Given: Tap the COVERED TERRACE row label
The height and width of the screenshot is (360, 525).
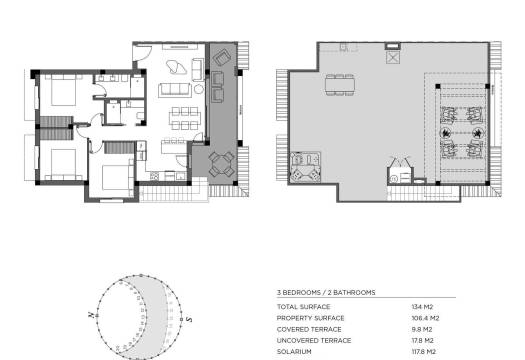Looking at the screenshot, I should [x=309, y=329].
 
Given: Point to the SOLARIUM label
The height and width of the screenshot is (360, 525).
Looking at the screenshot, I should [x=295, y=352].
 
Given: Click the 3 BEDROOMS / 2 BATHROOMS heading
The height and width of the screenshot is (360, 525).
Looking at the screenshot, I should [x=326, y=292].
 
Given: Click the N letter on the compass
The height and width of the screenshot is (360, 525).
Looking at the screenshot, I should [x=91, y=314].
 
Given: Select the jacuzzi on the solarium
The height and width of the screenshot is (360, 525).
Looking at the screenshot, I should [x=303, y=168].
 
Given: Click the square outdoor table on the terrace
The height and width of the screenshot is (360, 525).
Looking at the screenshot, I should [x=223, y=162].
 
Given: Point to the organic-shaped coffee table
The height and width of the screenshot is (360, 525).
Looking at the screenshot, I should [x=175, y=68].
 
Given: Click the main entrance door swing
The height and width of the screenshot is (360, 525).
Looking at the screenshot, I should [x=144, y=48].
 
